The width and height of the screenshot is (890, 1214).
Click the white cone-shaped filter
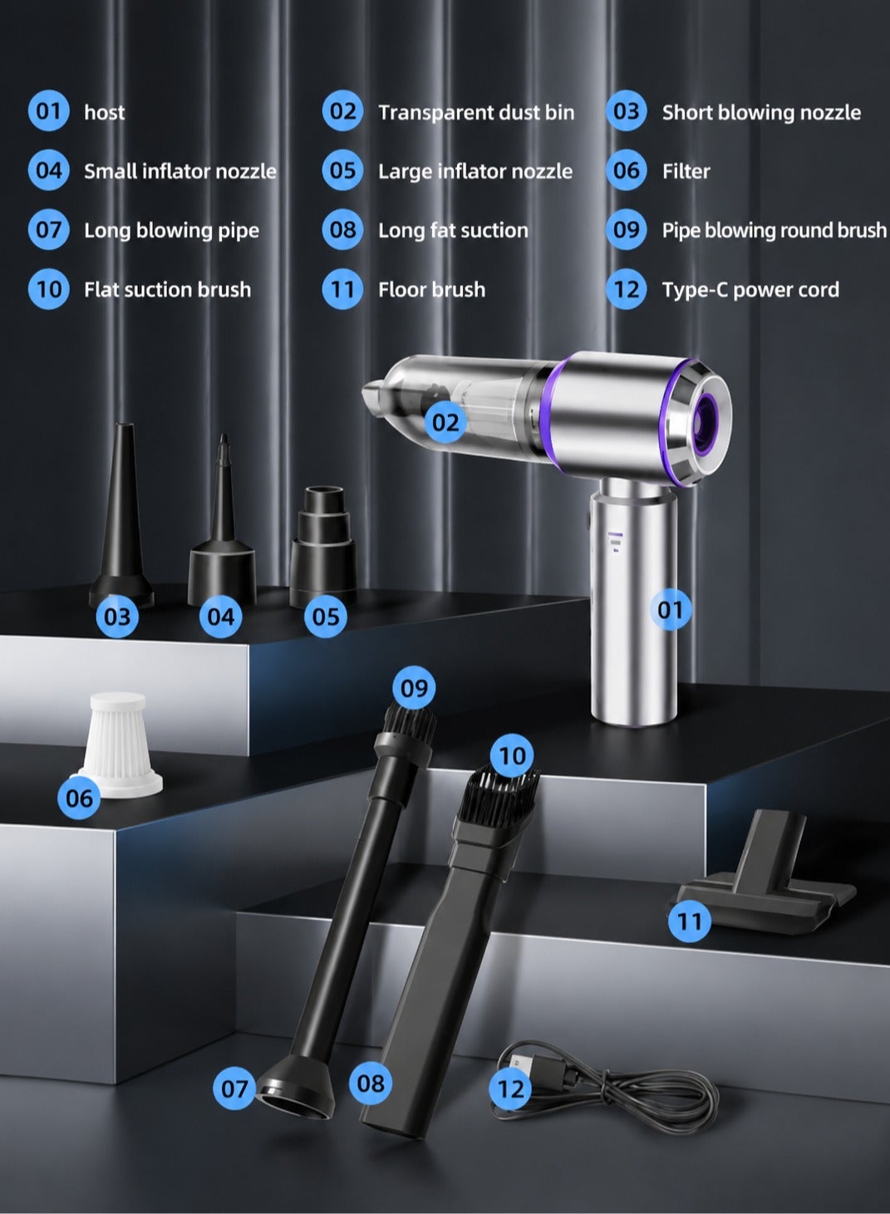click(x=120, y=745)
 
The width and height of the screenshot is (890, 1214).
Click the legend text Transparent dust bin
click(x=476, y=112)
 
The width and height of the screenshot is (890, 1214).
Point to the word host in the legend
click(x=104, y=112)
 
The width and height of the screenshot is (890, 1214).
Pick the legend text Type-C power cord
click(x=750, y=290)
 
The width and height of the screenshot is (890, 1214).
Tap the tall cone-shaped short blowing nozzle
click(x=122, y=515)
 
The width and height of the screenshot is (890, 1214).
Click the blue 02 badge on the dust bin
click(x=445, y=422)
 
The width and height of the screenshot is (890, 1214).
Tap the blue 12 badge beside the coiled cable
click(x=510, y=1089)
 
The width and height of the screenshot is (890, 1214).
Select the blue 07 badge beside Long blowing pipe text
click(x=49, y=230)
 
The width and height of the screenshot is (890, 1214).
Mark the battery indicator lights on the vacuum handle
click(x=615, y=542)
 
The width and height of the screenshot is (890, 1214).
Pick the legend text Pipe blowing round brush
click(x=774, y=230)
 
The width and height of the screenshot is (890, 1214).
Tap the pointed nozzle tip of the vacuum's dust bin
click(x=371, y=392)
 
